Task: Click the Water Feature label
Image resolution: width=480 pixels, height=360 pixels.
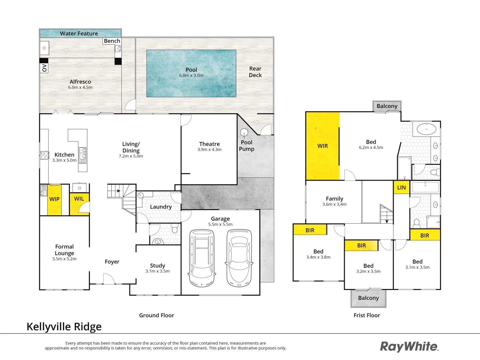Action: [x=79, y=33]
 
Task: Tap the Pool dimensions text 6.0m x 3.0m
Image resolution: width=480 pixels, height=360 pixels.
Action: [x=191, y=75]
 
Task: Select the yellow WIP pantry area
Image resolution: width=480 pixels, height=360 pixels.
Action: [x=54, y=199]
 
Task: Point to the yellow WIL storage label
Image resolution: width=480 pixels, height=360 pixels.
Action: [x=79, y=199]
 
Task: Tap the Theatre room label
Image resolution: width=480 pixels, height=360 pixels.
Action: [x=209, y=144]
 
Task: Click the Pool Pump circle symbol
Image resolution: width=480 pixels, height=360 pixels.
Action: [x=244, y=132]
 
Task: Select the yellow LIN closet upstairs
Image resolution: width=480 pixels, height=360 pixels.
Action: [x=401, y=188]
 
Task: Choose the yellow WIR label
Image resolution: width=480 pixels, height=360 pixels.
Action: [x=323, y=146]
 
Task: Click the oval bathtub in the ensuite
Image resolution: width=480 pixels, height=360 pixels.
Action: [x=426, y=129]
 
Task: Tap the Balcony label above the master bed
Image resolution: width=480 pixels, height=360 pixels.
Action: [x=387, y=106]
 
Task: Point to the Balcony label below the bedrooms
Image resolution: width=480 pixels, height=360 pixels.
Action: [x=368, y=298]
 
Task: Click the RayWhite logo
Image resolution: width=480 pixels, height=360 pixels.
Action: [x=409, y=347]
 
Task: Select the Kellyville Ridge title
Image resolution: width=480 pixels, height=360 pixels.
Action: [x=64, y=327]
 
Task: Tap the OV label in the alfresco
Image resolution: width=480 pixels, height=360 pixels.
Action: [x=44, y=68]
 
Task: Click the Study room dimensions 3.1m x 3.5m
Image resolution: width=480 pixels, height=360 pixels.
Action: [x=157, y=271]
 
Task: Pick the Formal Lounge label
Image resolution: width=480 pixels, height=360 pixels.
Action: [x=64, y=250]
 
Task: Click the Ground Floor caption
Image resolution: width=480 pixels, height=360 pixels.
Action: [x=156, y=315]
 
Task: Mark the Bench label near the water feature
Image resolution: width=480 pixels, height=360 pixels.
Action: [x=112, y=41]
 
